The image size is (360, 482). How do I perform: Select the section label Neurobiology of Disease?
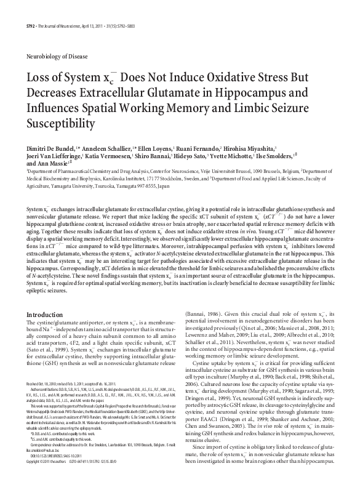pos(53,55)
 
